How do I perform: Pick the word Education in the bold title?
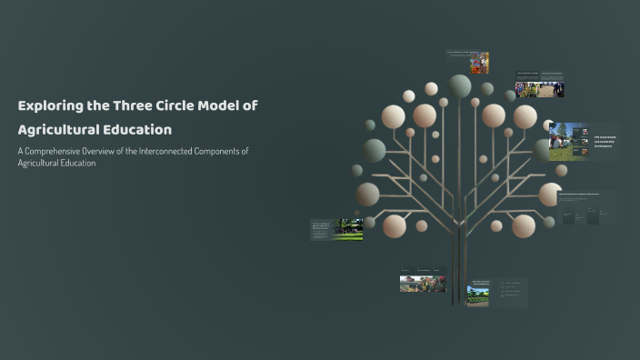pos(141,129)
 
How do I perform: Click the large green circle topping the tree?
pos(460,85)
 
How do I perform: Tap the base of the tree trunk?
pos(459,300)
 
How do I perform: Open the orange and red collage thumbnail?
pos(479,63)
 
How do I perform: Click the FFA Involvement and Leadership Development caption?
pos(605,142)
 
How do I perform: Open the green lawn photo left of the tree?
pos(350,229)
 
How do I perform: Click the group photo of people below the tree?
pos(423,282)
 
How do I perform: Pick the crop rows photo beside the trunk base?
pos(478,294)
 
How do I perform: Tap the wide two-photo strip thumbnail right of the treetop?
pos(540,89)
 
